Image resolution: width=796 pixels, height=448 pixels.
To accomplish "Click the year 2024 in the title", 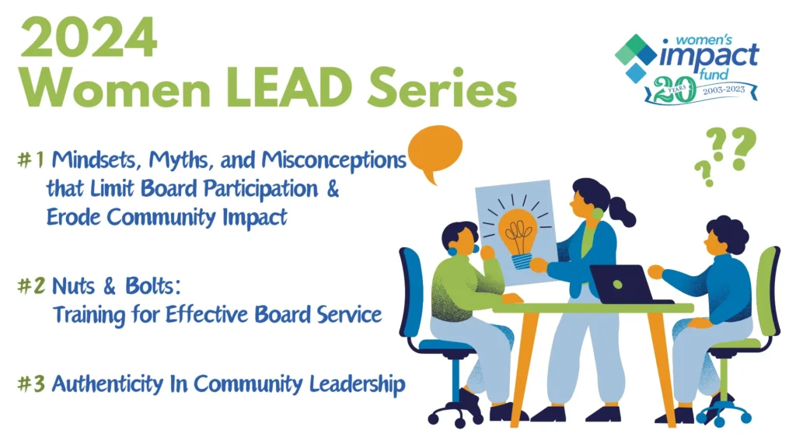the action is pos(89,37).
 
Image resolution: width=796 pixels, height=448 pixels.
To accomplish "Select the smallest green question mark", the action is pos(704,173).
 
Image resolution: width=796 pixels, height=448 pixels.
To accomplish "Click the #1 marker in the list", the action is pos(31,160).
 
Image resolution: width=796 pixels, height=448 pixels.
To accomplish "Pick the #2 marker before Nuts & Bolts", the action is pos(31,286).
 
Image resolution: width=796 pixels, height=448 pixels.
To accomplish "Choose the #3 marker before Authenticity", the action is pos(31,383).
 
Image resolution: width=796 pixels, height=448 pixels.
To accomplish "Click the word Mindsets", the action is pos(96,160).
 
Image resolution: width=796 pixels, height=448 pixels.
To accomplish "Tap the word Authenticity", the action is pos(107,384).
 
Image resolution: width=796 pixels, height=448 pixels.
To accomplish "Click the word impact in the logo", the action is pos(709,56).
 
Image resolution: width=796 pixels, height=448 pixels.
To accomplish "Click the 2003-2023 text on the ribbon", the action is pos(724,90).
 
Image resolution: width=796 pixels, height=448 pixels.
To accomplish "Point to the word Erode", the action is pos(74,217).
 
